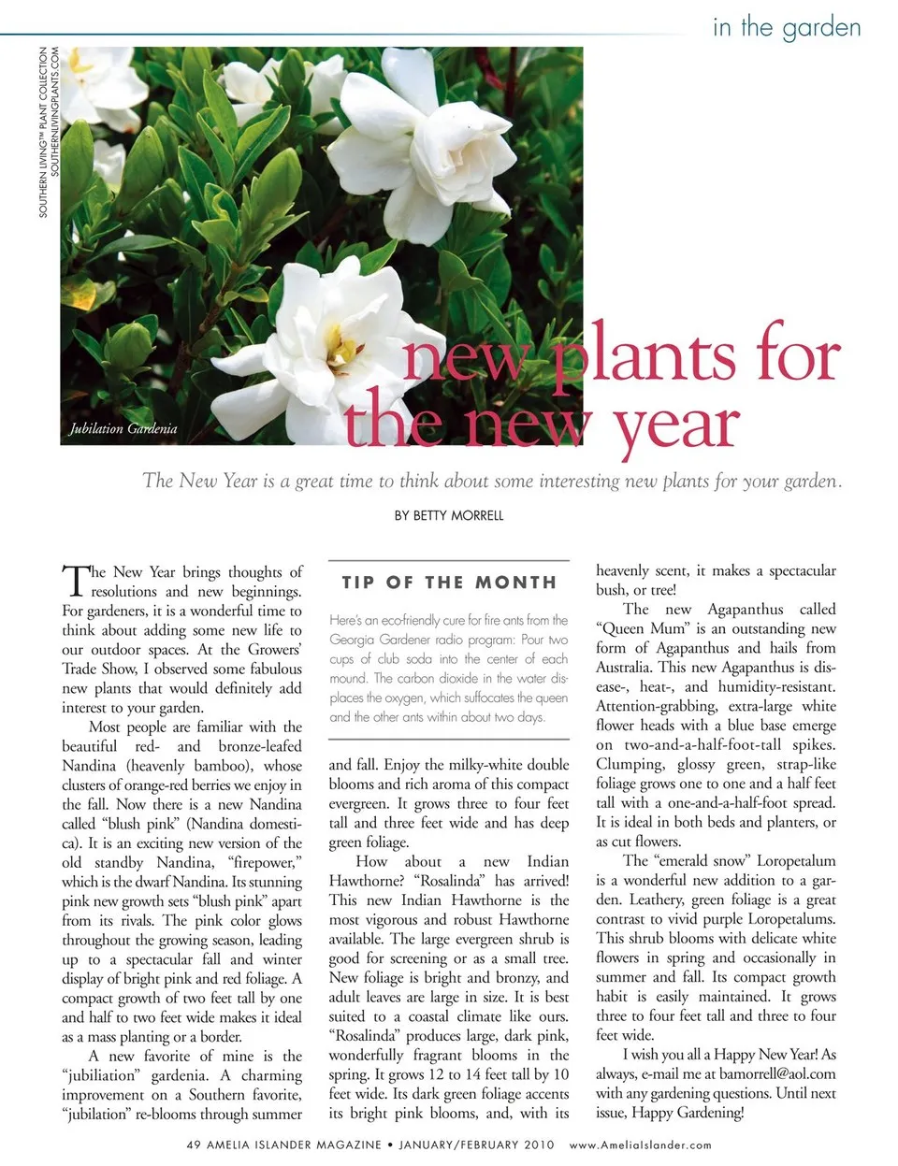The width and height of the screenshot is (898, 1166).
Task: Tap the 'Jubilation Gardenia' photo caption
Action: pos(123,429)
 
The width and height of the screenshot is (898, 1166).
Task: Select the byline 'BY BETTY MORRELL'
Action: pos(449,515)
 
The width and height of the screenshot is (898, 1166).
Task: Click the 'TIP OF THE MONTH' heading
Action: pos(449,583)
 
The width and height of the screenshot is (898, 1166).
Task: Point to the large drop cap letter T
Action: pos(74,581)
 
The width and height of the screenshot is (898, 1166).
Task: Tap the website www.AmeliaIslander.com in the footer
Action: pos(640,1144)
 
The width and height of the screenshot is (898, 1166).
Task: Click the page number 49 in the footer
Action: pos(194,1144)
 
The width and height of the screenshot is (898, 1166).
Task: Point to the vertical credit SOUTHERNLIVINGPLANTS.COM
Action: pos(55,112)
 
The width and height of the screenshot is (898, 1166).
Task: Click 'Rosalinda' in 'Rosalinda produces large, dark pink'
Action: pos(369,1036)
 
